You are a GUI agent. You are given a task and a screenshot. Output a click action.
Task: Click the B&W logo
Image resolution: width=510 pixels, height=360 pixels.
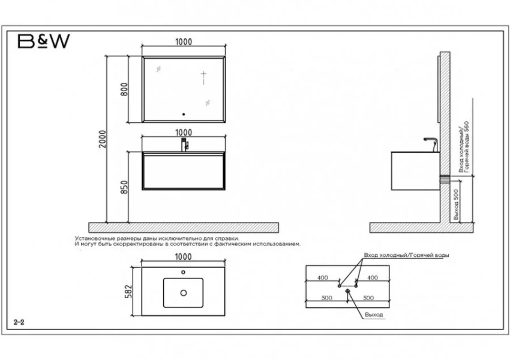(x=44, y=41)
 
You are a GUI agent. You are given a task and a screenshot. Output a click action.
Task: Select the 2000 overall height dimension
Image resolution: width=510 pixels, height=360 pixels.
(x=103, y=139)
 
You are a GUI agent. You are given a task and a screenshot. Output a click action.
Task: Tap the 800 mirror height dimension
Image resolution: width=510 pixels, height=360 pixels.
(x=124, y=89)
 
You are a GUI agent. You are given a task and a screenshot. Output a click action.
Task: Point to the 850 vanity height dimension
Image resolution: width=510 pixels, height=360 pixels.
(x=124, y=187)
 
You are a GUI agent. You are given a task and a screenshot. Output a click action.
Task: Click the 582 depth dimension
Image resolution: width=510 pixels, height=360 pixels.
(x=129, y=292)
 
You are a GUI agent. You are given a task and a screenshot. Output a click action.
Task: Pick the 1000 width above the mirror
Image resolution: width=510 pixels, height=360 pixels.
(x=184, y=42)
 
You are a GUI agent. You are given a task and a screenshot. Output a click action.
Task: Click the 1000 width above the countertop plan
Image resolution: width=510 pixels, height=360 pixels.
(x=184, y=257)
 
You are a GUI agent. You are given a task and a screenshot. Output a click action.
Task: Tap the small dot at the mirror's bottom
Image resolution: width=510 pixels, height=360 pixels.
(x=184, y=114)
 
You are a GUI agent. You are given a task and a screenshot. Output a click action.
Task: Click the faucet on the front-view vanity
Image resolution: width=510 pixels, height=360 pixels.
(x=185, y=145)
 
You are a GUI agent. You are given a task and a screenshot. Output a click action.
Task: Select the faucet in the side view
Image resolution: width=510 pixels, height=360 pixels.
(x=431, y=145)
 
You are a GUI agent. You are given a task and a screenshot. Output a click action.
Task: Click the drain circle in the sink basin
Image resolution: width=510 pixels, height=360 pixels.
(x=184, y=293)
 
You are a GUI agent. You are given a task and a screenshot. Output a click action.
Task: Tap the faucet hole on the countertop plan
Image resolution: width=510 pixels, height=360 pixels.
(x=183, y=272)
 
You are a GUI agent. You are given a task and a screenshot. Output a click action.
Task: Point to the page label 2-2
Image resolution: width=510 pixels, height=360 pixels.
(x=19, y=322)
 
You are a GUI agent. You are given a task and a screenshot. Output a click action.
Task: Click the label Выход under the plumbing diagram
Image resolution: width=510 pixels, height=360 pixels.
(x=374, y=315)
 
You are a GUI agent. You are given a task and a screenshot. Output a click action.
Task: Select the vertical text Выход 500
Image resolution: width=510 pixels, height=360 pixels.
(x=455, y=205)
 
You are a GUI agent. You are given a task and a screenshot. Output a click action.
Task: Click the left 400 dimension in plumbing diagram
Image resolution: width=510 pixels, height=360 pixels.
(x=323, y=278)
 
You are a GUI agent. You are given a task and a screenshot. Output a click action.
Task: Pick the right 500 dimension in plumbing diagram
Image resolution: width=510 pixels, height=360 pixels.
(x=368, y=298)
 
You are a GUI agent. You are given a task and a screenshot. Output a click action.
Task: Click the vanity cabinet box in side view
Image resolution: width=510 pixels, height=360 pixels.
(x=415, y=171)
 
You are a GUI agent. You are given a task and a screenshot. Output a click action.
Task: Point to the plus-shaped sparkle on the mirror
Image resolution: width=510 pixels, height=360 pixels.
(x=203, y=76)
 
